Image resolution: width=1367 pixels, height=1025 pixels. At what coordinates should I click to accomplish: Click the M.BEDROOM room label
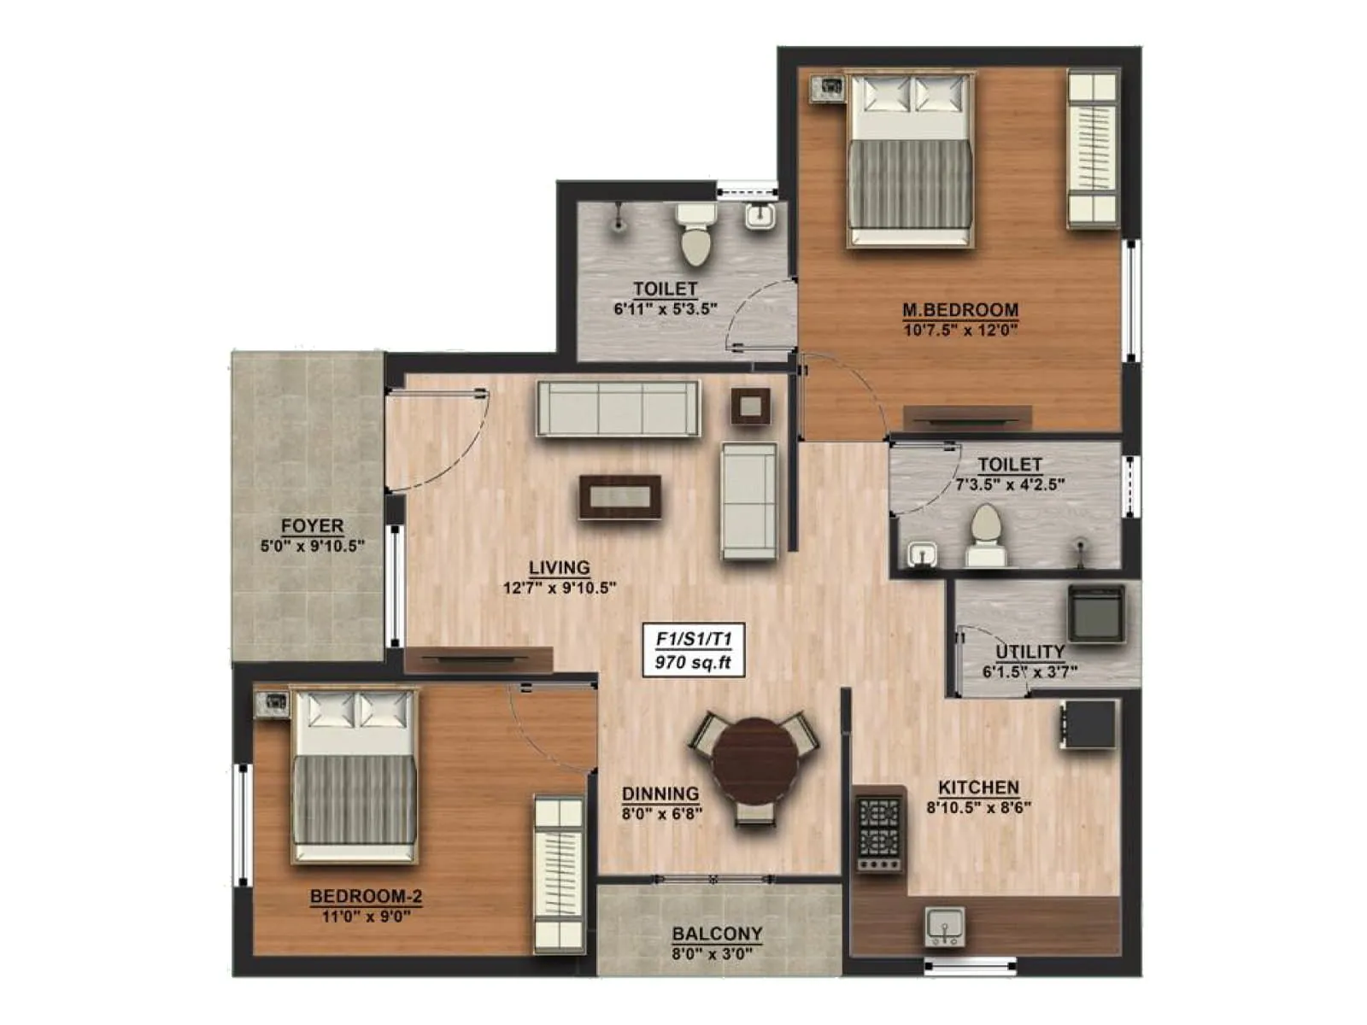(960, 309)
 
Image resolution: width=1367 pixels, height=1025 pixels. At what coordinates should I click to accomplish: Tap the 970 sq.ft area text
(693, 663)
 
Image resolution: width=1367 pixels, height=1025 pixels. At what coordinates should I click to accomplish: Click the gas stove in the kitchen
(879, 829)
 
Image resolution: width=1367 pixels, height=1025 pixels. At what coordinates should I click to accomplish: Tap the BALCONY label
(717, 934)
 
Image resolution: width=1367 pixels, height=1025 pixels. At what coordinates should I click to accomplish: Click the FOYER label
(313, 526)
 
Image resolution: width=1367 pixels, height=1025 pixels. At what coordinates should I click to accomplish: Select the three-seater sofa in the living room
(617, 409)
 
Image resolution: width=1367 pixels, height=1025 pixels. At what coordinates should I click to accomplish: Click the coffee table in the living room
(620, 496)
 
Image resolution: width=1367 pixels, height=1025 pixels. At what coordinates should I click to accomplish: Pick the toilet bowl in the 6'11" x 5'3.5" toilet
(695, 236)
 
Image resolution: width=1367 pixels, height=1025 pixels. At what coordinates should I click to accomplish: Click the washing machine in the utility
(1095, 613)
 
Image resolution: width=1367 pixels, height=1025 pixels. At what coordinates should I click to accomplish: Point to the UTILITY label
(1030, 652)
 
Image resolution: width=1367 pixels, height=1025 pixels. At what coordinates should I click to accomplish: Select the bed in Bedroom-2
(355, 776)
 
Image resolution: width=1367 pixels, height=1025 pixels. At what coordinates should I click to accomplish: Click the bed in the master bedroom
(911, 160)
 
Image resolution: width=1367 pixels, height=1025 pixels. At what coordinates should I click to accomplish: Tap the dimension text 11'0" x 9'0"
(366, 917)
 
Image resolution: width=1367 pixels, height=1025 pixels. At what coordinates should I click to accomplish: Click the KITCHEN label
(978, 788)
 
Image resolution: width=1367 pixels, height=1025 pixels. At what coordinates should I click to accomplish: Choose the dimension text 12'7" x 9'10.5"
(559, 588)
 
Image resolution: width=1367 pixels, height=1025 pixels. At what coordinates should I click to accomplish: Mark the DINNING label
(660, 794)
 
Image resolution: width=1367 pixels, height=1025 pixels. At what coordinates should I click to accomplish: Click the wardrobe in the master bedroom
(1093, 149)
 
